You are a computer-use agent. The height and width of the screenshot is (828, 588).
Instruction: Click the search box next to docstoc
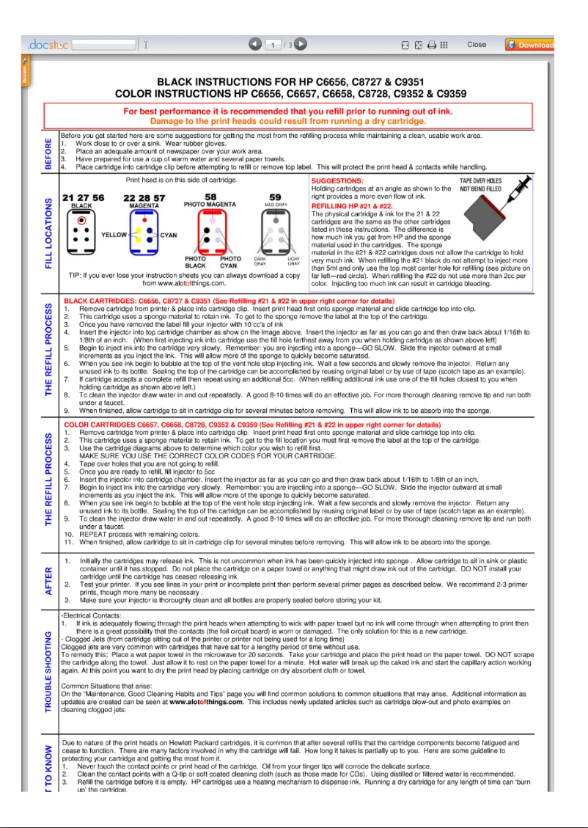[x=104, y=45]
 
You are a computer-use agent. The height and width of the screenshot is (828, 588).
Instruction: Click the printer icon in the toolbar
[x=432, y=45]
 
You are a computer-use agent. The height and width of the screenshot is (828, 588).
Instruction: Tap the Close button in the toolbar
[x=477, y=45]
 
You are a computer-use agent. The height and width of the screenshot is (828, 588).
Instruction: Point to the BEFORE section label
[x=49, y=154]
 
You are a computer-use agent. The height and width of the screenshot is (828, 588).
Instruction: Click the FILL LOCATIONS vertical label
[x=49, y=233]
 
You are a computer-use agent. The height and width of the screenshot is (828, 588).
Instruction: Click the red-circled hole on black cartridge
[x=82, y=219]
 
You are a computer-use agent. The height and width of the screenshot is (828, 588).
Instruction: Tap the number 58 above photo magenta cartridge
[x=210, y=197]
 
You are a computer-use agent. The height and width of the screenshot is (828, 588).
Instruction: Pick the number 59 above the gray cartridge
[x=275, y=197]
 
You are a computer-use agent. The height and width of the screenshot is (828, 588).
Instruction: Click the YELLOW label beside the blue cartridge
[x=114, y=235]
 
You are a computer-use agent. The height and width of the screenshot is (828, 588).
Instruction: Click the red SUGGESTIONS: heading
[x=337, y=180]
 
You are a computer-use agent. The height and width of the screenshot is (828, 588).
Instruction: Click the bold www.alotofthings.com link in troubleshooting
[x=206, y=701]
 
